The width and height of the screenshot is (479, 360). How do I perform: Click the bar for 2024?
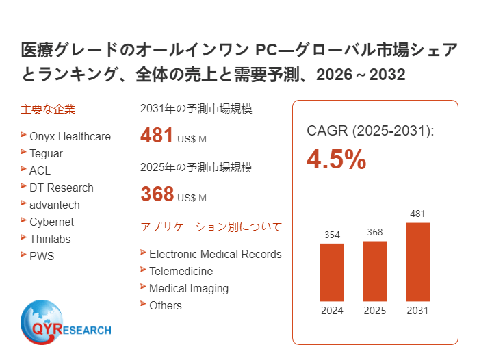click(332, 272)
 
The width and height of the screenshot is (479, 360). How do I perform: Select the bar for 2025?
click(374, 270)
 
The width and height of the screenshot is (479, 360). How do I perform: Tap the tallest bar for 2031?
click(417, 261)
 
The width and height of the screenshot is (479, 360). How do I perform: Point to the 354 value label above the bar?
click(332, 235)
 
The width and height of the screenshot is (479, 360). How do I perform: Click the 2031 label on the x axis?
click(417, 311)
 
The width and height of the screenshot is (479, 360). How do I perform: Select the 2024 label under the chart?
click(332, 311)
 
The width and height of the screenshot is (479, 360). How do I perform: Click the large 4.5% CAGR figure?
click(336, 159)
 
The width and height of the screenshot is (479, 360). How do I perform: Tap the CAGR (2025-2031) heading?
click(370, 131)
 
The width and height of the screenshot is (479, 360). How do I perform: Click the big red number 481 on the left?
click(157, 136)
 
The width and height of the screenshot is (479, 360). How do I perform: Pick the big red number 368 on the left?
click(157, 194)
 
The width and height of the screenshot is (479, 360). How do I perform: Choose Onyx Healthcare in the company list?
click(70, 136)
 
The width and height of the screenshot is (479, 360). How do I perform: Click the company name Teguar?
click(46, 153)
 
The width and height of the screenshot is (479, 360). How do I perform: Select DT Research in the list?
click(61, 188)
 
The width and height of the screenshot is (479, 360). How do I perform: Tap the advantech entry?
click(54, 205)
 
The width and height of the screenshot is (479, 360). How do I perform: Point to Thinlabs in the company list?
click(50, 239)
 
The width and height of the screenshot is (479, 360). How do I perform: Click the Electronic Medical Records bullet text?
click(215, 254)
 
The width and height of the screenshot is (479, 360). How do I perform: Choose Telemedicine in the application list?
click(181, 271)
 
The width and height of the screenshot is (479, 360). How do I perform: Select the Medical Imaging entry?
click(188, 288)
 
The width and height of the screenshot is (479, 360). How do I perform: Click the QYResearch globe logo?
click(42, 321)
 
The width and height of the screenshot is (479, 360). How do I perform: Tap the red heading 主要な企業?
click(48, 109)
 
